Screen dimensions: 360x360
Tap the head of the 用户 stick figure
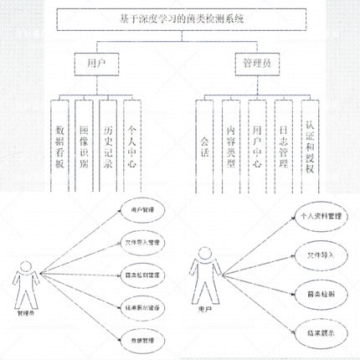(201, 266)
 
